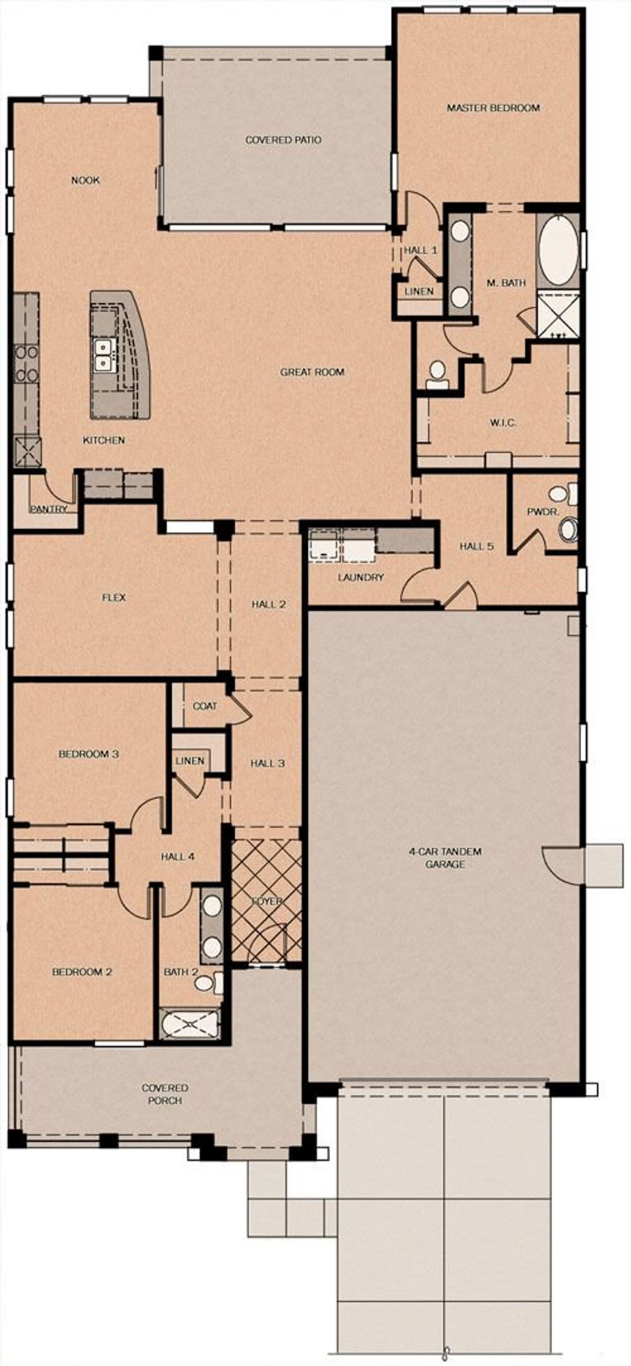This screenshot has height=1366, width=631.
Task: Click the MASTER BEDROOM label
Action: (x=492, y=107)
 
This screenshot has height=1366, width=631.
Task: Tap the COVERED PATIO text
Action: (x=283, y=140)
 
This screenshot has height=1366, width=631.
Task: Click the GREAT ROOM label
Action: (x=312, y=372)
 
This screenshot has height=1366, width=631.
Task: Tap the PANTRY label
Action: (x=48, y=509)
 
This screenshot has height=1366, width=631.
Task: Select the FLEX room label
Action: (x=113, y=598)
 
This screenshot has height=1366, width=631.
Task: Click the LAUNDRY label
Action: (x=360, y=577)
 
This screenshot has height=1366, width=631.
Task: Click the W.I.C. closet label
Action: (x=502, y=423)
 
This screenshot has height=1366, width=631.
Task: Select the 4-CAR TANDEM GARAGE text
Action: (x=445, y=858)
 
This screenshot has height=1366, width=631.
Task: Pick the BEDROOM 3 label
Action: (x=88, y=753)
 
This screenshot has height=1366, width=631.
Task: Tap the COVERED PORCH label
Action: (x=165, y=1094)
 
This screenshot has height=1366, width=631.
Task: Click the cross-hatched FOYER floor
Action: (x=266, y=896)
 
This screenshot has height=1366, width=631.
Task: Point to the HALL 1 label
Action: (x=421, y=250)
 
